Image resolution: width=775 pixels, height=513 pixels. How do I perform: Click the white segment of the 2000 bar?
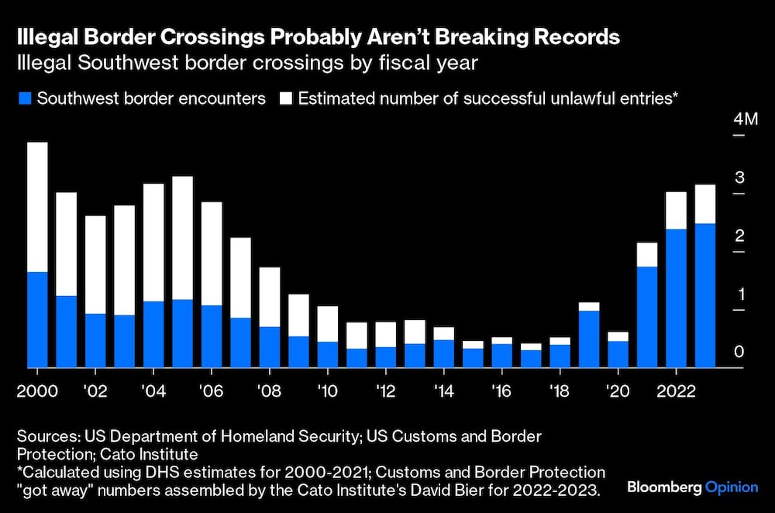[37, 207]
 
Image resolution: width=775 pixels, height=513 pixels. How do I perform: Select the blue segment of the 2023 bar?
[705, 295]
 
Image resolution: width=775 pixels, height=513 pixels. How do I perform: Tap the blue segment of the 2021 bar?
[647, 317]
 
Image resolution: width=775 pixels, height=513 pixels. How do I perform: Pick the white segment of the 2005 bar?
[182, 238]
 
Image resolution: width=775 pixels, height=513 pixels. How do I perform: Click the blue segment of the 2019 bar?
[589, 339]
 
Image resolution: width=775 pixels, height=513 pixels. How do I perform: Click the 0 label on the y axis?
[739, 353]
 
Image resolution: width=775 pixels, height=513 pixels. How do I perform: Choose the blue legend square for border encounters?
[24, 99]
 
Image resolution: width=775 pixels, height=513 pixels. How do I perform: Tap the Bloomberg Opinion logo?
[692, 487]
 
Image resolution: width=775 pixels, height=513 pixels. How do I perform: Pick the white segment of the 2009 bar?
[298, 315]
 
